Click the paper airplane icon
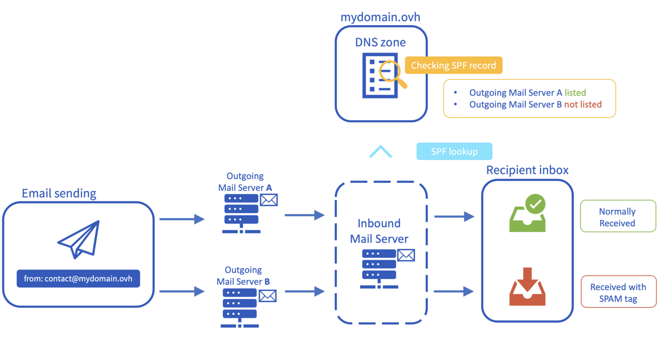[x=79, y=239]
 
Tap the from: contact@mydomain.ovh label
[x=78, y=279]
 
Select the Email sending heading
[x=59, y=193]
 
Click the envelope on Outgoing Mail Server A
[x=269, y=200]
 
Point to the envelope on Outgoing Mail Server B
[x=267, y=296]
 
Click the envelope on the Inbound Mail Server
[x=406, y=255]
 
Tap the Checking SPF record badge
[x=453, y=65]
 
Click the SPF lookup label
[x=454, y=152]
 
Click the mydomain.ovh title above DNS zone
[x=381, y=17]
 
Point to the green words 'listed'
[x=575, y=93]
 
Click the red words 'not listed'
[x=583, y=104]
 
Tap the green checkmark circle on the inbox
[x=535, y=204]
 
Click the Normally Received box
[x=618, y=217]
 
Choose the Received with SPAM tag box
[x=618, y=292]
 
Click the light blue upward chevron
[x=381, y=152]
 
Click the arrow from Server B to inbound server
[x=305, y=291]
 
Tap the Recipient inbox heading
[x=527, y=170]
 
